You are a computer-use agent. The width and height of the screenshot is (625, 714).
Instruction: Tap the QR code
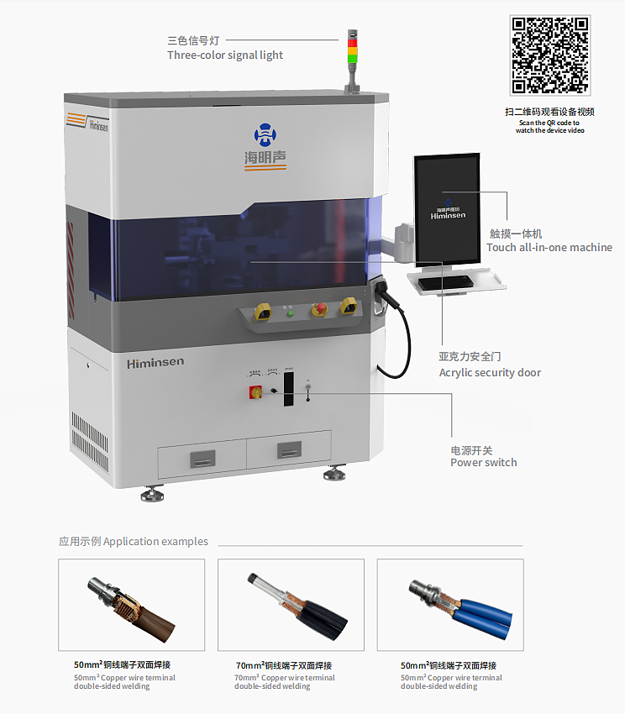(550, 55)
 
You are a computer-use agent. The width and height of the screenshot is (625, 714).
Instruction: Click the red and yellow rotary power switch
(255, 391)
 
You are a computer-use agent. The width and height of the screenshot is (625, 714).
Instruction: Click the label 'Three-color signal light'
(225, 55)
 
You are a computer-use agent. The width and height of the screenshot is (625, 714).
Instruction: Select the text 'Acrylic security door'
(490, 373)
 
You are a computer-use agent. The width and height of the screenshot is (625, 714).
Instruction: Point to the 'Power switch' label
(483, 463)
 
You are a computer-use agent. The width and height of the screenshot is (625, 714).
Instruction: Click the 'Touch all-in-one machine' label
(549, 248)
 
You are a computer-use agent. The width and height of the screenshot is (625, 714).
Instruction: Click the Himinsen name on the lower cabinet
(155, 363)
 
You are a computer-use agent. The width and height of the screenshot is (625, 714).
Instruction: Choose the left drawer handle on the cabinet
(202, 458)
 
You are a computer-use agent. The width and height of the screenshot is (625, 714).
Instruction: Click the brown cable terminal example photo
(131, 605)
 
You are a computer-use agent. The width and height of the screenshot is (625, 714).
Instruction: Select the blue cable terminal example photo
(450, 605)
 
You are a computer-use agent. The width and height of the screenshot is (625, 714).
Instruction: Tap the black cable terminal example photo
(291, 605)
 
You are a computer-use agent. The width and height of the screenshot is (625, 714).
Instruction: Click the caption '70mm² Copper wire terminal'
(284, 678)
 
